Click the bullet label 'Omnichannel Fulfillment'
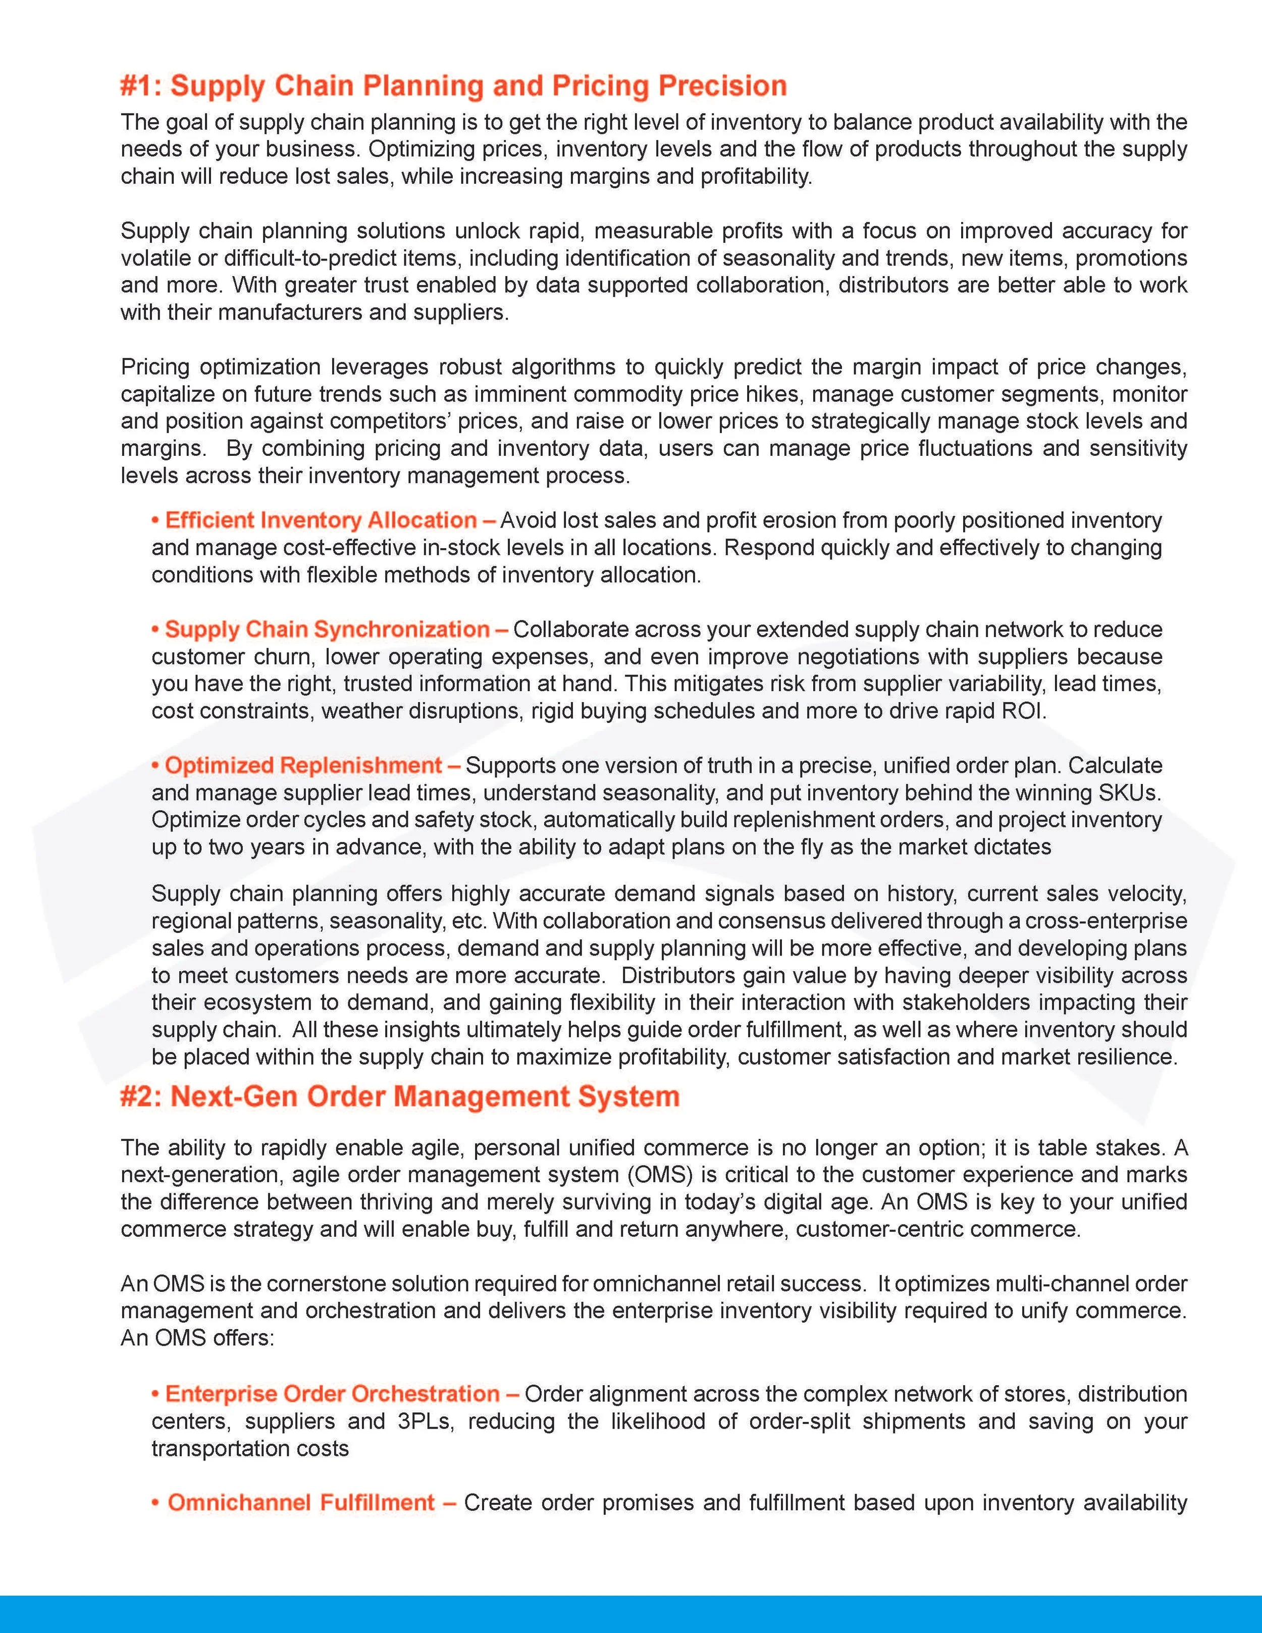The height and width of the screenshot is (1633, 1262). (x=301, y=1502)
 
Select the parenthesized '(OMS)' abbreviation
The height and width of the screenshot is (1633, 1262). (x=663, y=1174)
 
